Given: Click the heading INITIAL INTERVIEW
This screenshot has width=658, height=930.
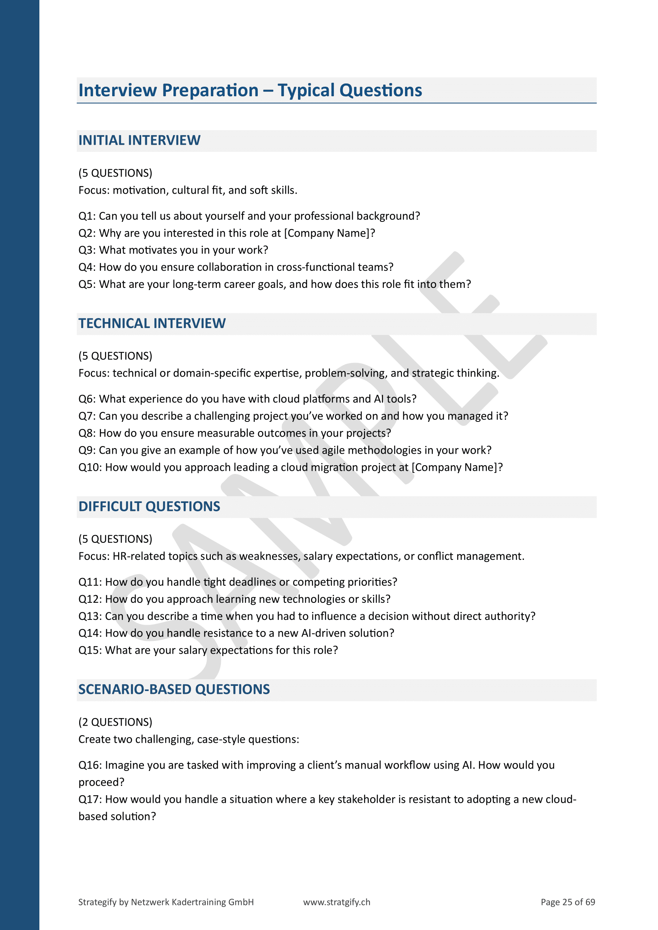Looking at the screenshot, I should [139, 140].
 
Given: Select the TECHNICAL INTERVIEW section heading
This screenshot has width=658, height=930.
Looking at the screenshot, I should [152, 324].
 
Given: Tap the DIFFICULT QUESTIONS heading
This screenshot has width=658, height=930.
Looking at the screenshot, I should [149, 507].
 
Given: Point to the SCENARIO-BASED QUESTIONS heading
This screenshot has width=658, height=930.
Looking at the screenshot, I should [174, 690].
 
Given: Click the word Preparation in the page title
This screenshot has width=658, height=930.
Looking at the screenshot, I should [210, 90].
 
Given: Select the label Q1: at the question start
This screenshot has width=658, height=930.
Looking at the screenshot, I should [87, 216].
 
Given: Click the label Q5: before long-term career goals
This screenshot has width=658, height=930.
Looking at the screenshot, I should [87, 284].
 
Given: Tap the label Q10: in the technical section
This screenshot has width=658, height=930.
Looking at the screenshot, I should [90, 468].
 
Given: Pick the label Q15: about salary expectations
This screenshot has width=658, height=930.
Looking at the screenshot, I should [90, 650].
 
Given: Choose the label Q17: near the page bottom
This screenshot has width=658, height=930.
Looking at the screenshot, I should [90, 800].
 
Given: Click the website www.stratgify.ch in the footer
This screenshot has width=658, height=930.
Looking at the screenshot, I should [336, 902].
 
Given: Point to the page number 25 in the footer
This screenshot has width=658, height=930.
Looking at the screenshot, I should [567, 902].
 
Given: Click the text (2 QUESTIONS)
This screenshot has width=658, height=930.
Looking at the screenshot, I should [115, 722].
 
